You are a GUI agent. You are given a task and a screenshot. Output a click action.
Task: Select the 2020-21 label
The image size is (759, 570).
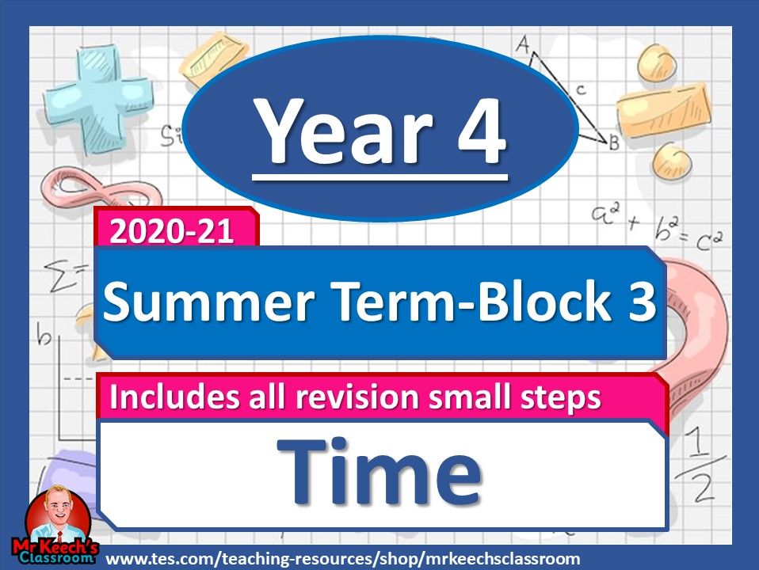click(x=173, y=232)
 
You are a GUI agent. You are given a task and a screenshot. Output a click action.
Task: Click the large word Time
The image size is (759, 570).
click(x=379, y=473)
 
